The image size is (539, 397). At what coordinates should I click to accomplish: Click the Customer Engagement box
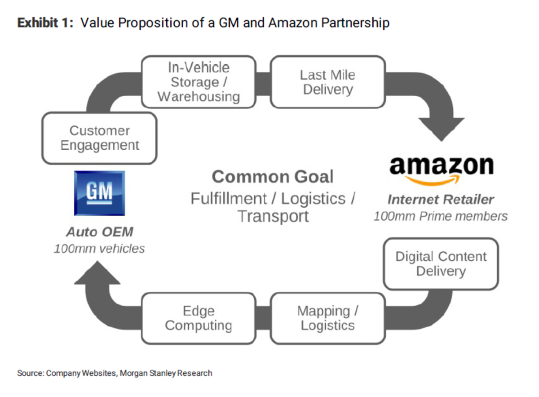point(99,138)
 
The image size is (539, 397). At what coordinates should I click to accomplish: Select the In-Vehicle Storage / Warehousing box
point(199,82)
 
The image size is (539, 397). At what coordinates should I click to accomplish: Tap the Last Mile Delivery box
point(327,82)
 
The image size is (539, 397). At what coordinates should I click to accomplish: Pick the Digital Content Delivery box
point(441,264)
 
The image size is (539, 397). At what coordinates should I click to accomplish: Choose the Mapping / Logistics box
point(327,318)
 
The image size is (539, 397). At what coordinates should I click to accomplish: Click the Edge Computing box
point(199,318)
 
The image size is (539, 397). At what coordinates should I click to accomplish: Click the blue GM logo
point(99,193)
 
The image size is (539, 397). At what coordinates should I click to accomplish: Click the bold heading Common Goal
point(272,177)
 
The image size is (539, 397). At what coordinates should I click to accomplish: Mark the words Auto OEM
point(99,232)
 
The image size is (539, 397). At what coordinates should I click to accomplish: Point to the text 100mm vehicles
point(99,248)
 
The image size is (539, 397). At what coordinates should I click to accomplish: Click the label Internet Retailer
point(441,200)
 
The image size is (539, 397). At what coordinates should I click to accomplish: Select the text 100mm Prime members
point(441,216)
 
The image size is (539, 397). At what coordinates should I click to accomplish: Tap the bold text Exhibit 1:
point(45,23)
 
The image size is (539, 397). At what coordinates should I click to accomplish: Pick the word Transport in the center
point(273,216)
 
